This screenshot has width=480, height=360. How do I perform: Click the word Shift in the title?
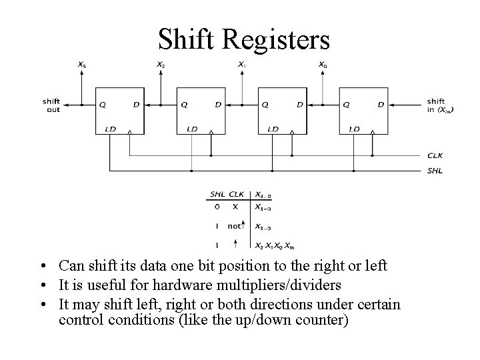(x=189, y=39)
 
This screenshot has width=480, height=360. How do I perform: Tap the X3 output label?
(x=81, y=65)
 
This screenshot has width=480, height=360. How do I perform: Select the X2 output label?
(x=161, y=65)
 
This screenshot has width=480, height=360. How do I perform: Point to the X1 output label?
(x=242, y=65)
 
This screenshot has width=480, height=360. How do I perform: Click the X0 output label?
(x=323, y=65)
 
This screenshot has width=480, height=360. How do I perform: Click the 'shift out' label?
(x=53, y=105)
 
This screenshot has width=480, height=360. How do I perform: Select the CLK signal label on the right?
(x=435, y=156)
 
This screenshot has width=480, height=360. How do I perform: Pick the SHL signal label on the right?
(x=435, y=171)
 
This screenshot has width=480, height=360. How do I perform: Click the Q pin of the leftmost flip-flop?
(x=103, y=104)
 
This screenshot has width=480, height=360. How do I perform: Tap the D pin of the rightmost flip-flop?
(x=380, y=104)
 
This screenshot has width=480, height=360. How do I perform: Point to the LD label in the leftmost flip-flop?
(x=110, y=129)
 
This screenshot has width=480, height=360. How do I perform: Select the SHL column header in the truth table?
(x=218, y=195)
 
